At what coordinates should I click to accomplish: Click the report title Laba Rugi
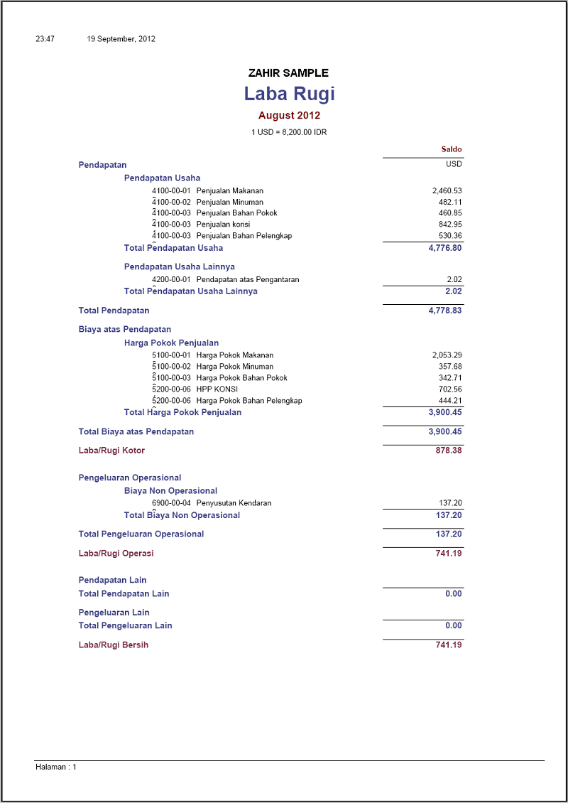point(289,94)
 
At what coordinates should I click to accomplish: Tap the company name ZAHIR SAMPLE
point(288,73)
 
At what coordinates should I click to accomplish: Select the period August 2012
point(289,115)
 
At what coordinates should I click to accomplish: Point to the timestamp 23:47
point(45,39)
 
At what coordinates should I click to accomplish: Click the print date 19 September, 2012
point(121,39)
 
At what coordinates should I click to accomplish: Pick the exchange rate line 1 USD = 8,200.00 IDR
point(289,132)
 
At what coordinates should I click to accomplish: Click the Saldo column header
point(452,150)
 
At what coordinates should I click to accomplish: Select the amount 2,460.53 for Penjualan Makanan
point(447,190)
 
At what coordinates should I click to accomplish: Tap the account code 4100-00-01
point(172,190)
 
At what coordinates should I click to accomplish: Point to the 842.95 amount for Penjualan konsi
point(450,225)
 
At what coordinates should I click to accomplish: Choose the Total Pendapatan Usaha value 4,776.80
point(445,248)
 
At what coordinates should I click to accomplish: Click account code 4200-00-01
point(172,279)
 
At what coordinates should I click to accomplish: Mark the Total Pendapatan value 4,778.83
point(445,311)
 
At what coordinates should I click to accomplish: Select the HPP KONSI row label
point(217,389)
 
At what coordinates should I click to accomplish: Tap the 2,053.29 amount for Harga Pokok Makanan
point(447,355)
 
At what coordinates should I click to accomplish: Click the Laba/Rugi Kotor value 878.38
point(449,451)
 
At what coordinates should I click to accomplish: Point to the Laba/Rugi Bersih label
point(114,645)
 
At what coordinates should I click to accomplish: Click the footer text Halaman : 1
point(55,767)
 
